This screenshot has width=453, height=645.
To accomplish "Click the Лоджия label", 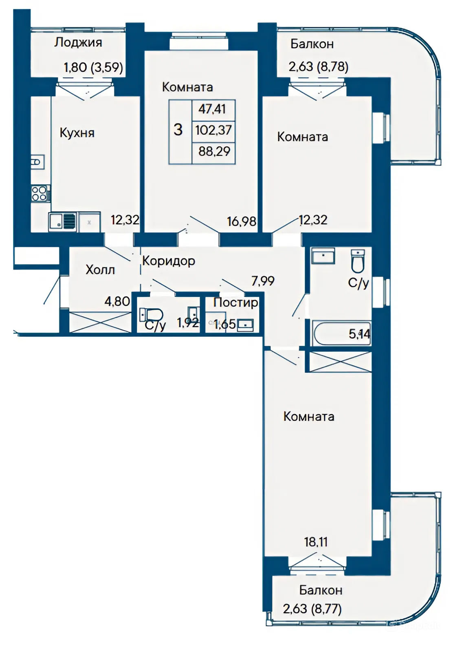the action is tap(78, 43).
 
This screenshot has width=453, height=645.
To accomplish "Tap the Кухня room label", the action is tap(77, 133).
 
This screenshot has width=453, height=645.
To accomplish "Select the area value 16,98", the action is tap(242, 221).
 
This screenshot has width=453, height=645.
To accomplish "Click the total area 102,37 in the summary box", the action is tap(213, 130).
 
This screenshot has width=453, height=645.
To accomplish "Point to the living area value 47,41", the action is tap(212, 109).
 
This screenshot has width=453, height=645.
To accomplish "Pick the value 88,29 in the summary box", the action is tap(214, 151).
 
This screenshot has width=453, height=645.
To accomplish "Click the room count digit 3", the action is tap(178, 130).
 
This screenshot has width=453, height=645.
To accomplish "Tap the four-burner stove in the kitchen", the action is tap(40, 193).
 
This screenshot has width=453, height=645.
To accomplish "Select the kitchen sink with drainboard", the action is tap(62, 221).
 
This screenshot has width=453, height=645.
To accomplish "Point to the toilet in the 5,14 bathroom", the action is tap(358, 261).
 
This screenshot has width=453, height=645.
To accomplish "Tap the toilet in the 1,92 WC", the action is tap(151, 315).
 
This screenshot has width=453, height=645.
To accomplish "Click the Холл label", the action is tap(100, 270).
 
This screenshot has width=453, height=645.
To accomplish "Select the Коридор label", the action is tap(169, 261).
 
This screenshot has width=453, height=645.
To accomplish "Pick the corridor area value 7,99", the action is tap(263, 281).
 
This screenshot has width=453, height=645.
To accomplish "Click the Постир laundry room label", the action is tap(235, 303).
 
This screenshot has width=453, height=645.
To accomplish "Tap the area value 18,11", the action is tap(316, 542).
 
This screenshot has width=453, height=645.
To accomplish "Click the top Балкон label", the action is tap(312, 44).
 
